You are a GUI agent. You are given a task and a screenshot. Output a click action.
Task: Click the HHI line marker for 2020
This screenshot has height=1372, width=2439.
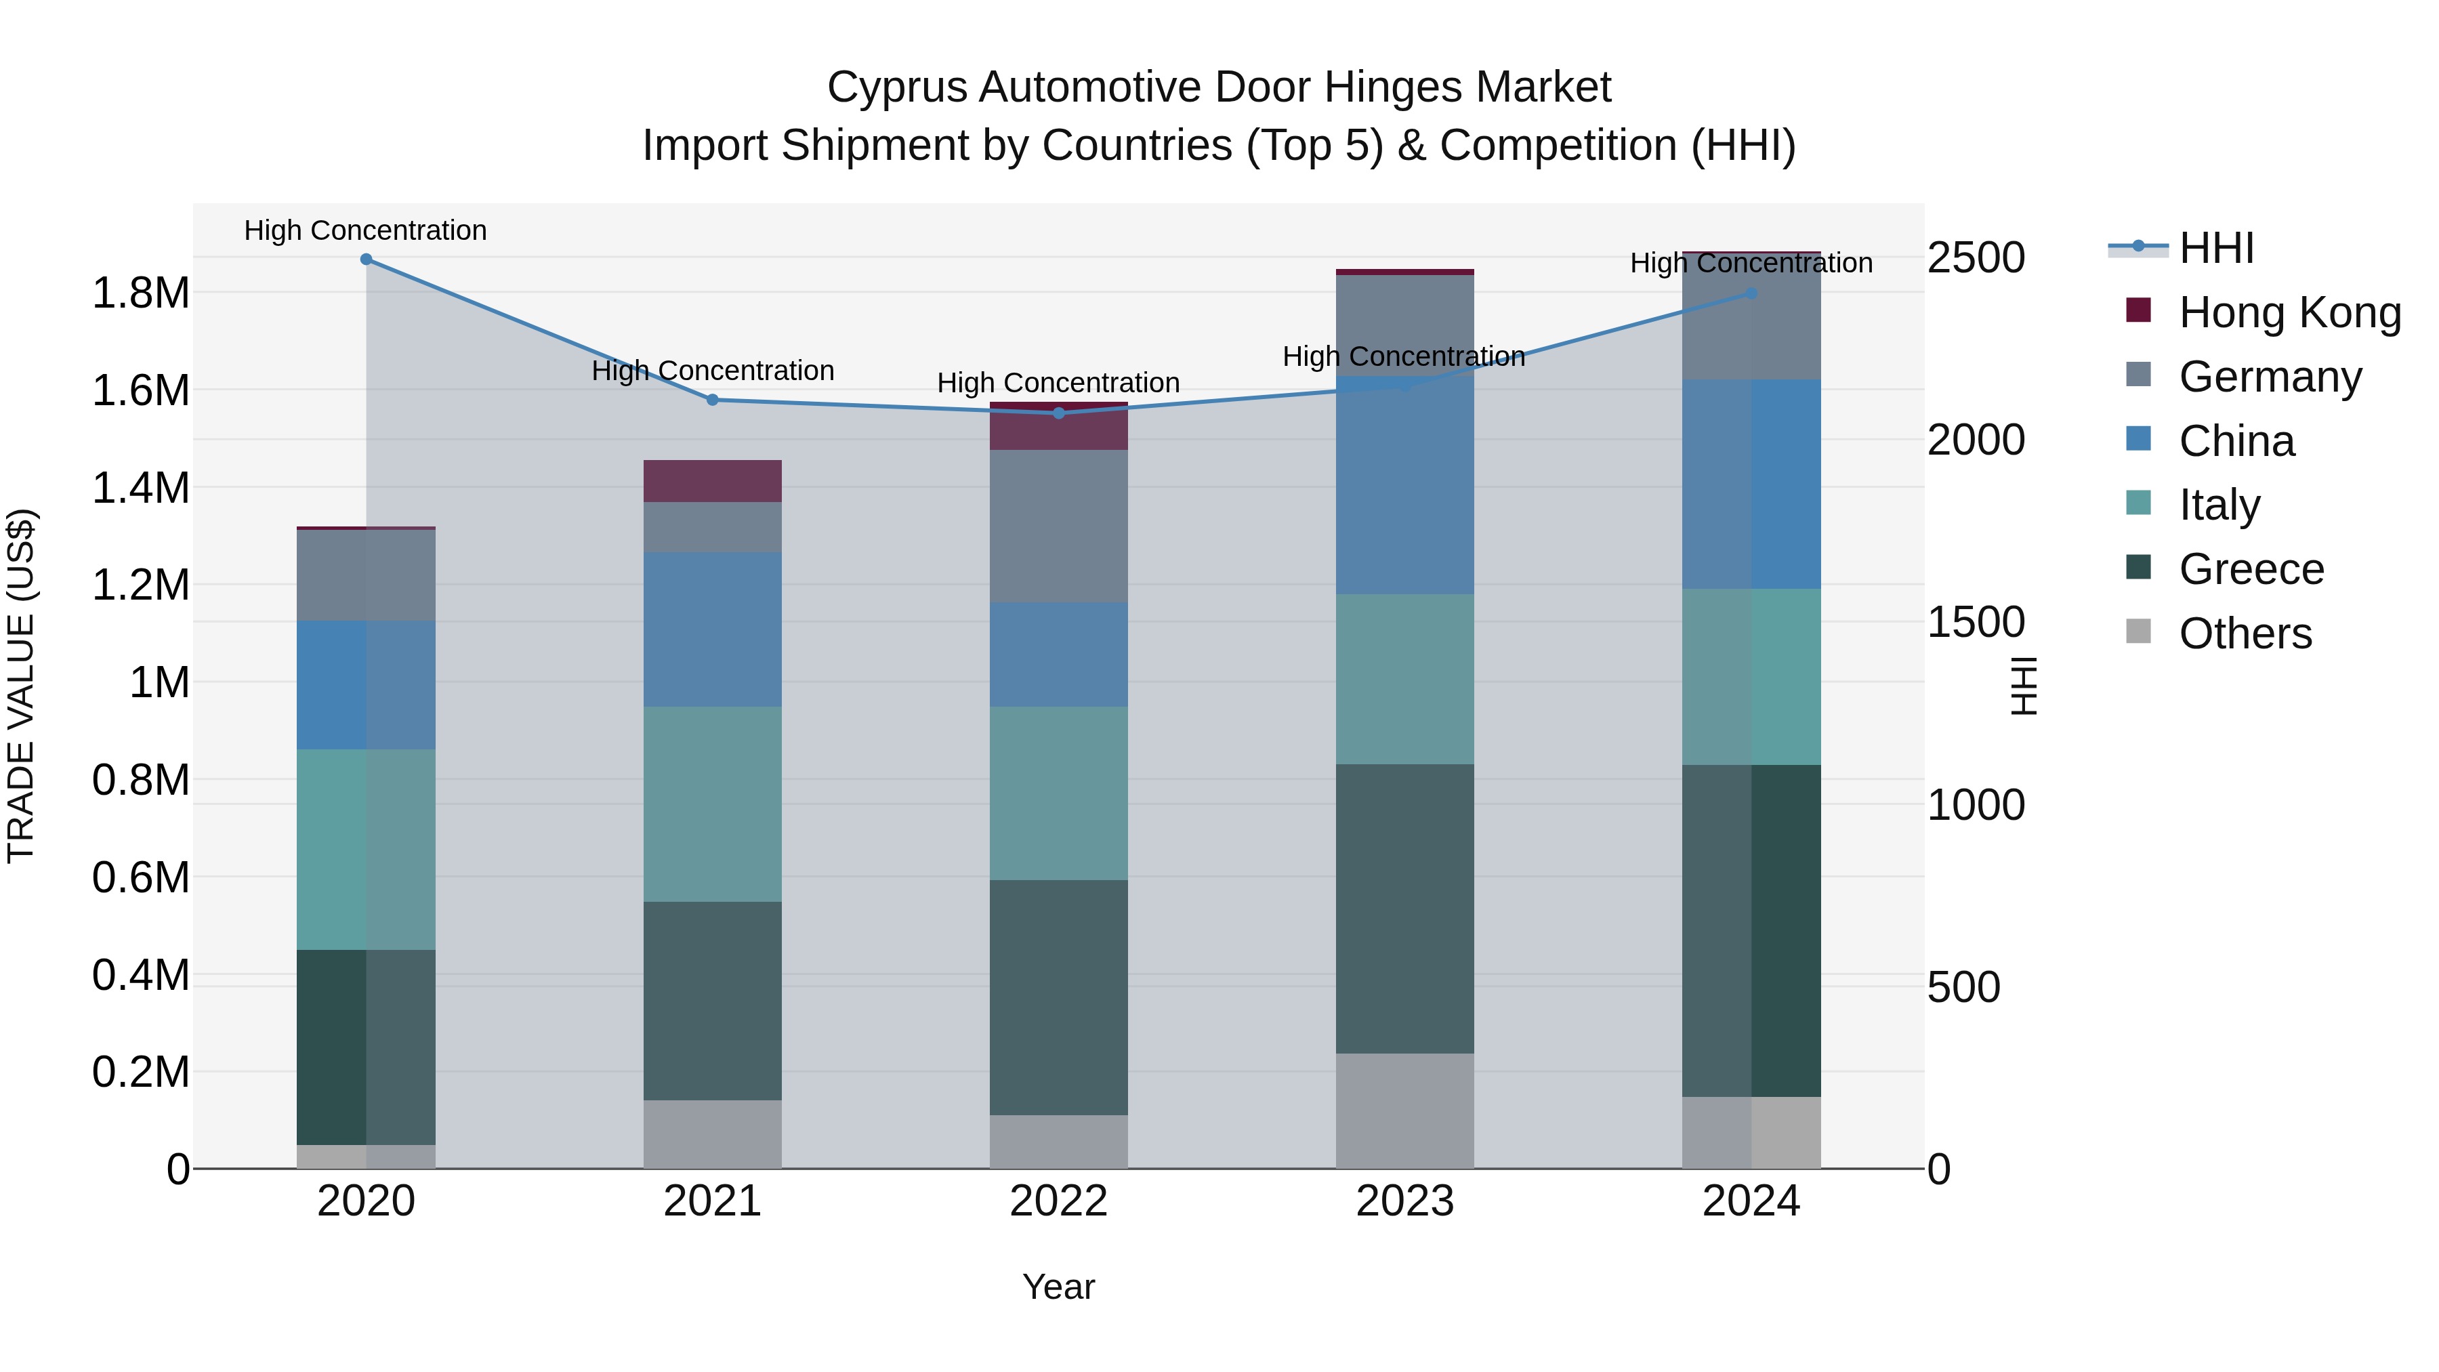pyautogui.click(x=367, y=259)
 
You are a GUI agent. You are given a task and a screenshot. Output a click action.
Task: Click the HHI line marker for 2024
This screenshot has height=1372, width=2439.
pyautogui.click(x=1751, y=293)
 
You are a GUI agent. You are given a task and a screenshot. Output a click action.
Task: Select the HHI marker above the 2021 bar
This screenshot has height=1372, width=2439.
pyautogui.click(x=713, y=400)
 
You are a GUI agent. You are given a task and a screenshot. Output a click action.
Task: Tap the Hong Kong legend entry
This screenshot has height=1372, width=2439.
pyautogui.click(x=2289, y=312)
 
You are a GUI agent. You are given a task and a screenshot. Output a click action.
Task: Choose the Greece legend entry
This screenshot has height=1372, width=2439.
pyautogui.click(x=2251, y=569)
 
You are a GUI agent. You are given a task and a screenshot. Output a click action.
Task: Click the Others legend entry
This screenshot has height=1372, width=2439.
pyautogui.click(x=2245, y=633)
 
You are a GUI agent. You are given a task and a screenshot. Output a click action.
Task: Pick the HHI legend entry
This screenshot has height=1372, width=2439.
pyautogui.click(x=2215, y=248)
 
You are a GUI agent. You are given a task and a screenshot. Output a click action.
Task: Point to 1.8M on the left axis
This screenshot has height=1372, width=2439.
pyautogui.click(x=140, y=293)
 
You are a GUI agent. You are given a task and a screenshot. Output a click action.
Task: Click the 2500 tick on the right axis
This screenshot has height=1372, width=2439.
pyautogui.click(x=1976, y=257)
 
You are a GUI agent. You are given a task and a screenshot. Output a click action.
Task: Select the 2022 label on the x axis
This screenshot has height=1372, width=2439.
pyautogui.click(x=1058, y=1201)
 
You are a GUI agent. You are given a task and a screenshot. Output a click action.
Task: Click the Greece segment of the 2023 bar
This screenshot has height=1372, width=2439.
pyautogui.click(x=1405, y=909)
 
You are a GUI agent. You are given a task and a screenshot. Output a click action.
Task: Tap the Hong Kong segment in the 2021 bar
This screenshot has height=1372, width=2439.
pyautogui.click(x=713, y=481)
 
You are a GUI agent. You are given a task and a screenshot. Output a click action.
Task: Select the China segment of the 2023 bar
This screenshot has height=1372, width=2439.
pyautogui.click(x=1405, y=486)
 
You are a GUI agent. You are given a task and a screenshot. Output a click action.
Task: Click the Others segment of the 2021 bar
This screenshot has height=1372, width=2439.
pyautogui.click(x=713, y=1134)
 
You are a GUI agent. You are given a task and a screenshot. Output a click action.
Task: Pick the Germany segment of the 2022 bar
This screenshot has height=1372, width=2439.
pyautogui.click(x=1058, y=526)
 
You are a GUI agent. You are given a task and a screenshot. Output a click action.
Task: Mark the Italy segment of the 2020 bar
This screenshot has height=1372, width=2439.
pyautogui.click(x=367, y=850)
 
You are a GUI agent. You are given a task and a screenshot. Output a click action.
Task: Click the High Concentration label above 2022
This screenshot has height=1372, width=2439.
pyautogui.click(x=1058, y=383)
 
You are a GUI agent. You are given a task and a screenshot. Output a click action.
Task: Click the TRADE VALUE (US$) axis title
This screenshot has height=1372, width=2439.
pyautogui.click(x=21, y=686)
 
